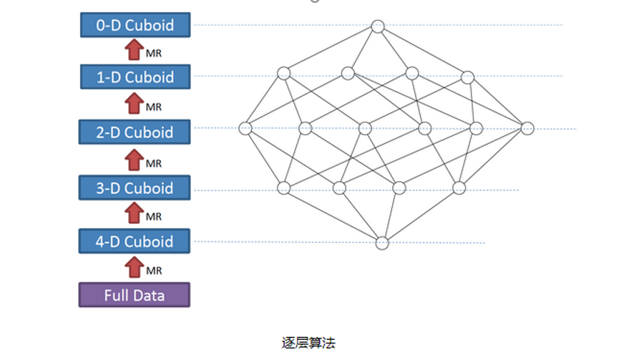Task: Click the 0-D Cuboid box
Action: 135,25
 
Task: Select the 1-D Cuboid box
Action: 135,77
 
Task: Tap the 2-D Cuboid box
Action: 135,132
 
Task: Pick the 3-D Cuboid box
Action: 135,188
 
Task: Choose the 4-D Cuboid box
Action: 135,241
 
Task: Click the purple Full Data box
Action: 135,295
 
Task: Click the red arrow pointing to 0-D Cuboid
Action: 134,50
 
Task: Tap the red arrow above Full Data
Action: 134,267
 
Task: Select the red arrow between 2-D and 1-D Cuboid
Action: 134,104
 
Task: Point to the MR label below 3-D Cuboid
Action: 154,217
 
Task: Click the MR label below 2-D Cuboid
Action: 154,164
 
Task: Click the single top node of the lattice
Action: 378,26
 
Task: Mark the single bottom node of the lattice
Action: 382,243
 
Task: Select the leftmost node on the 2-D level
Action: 245,128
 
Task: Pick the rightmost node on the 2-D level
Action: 527,128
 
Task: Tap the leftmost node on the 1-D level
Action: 284,73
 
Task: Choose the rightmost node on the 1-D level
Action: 467,77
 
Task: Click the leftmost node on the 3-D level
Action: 284,188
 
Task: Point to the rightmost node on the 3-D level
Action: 459,188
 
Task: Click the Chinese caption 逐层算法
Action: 308,343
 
